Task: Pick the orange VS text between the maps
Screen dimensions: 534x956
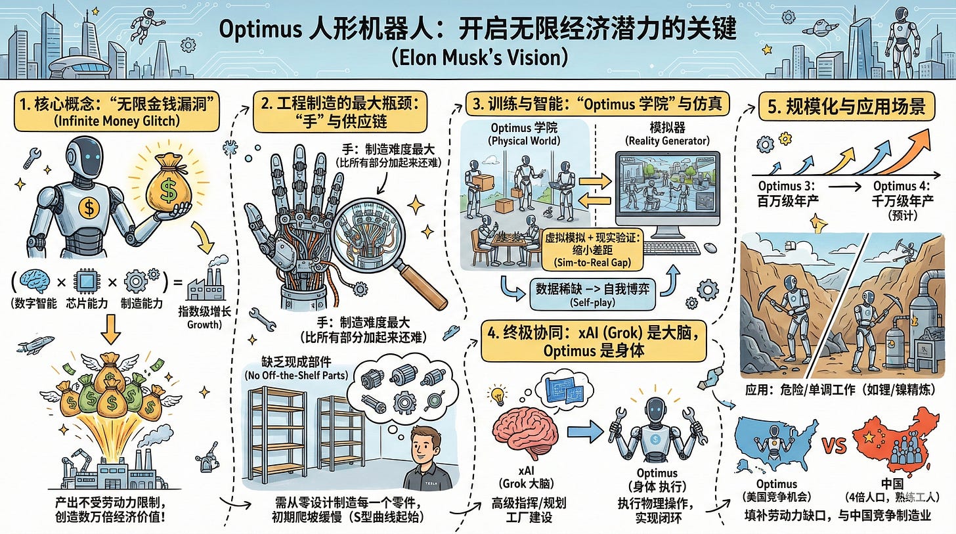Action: (x=835, y=446)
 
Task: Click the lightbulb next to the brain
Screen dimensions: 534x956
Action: (x=498, y=395)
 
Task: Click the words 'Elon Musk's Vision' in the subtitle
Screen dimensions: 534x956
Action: (x=479, y=57)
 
